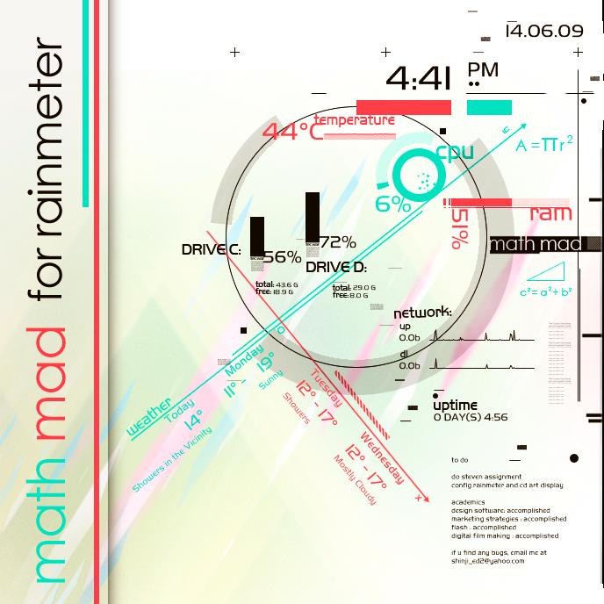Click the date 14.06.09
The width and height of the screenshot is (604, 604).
(544, 31)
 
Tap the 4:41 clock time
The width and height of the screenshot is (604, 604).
(418, 80)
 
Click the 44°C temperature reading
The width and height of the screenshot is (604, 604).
(292, 132)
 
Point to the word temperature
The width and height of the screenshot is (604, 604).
(355, 119)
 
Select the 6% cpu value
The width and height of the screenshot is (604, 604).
(393, 205)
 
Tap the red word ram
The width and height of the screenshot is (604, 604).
(550, 213)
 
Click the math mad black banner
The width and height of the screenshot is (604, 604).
(535, 244)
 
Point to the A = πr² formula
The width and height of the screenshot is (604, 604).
(544, 145)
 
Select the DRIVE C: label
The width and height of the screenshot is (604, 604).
(212, 250)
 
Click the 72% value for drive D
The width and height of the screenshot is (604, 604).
(338, 242)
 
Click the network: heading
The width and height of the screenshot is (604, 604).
(422, 313)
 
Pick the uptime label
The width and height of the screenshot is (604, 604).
(455, 405)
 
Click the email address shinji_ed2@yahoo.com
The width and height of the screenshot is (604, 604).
(487, 561)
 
